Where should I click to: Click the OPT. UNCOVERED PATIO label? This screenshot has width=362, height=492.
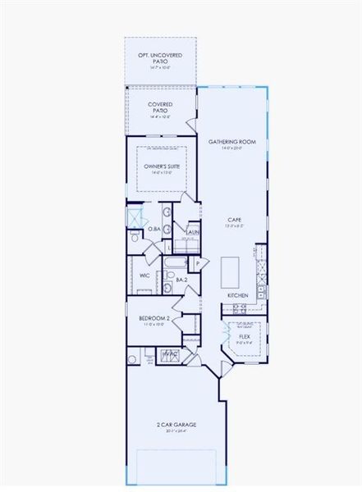click(x=160, y=57)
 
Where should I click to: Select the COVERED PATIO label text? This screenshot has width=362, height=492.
click(x=160, y=107)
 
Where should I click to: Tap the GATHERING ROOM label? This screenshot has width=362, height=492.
click(x=232, y=142)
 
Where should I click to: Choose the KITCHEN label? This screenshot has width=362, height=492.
click(x=237, y=294)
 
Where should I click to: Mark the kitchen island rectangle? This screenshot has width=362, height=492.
click(x=231, y=268)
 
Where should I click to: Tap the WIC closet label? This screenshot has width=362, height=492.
click(x=144, y=276)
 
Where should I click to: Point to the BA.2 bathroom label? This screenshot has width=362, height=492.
click(x=182, y=280)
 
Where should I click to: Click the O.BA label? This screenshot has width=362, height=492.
click(x=154, y=229)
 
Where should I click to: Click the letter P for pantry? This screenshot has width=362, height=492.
click(x=197, y=263)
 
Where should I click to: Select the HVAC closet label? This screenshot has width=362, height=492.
click(x=170, y=353)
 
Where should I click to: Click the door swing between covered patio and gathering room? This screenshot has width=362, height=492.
click(x=191, y=123)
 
